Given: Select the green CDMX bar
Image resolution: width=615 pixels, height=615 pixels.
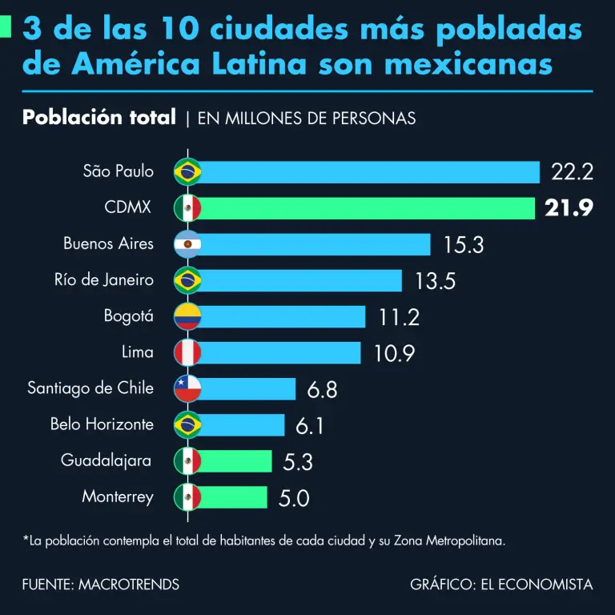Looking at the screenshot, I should point(368,208).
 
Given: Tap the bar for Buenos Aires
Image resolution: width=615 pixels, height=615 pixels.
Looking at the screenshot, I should point(316,244).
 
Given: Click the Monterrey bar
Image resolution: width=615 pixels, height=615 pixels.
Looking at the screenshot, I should point(233,497).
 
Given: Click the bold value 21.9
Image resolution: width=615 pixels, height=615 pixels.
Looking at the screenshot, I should point(569,208).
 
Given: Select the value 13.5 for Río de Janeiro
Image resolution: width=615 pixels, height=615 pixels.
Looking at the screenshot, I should point(436,281).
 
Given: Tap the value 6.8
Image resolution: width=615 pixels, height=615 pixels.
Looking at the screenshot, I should point(322,389).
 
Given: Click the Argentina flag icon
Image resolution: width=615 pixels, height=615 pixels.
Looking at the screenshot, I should point(187,244).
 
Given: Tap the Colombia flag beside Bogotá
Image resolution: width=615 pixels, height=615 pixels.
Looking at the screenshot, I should point(187,316).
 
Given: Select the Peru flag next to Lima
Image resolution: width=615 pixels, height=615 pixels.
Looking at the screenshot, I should point(187,352).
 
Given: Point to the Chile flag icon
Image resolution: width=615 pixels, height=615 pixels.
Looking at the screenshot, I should point(187,389).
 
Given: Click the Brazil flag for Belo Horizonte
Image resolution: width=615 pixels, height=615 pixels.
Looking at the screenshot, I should point(187,424).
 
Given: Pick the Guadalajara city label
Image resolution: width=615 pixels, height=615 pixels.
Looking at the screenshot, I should point(107,460).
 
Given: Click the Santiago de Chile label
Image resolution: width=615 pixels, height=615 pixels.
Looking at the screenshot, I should point(90,388).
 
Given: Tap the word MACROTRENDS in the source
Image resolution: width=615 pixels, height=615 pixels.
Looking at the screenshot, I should point(129,585).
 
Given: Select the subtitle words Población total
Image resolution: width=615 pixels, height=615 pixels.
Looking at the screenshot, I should point(99,118).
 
